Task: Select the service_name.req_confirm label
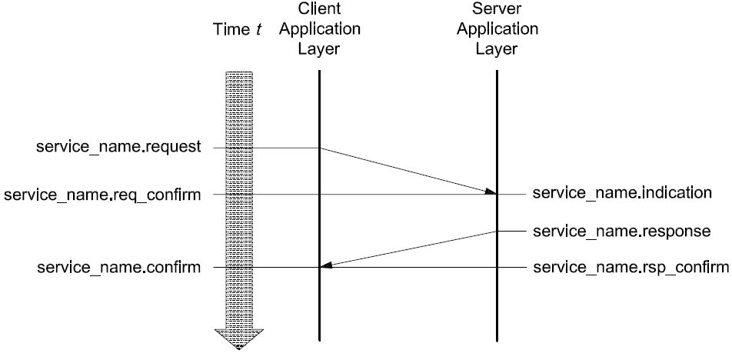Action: (102, 195)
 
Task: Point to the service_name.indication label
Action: (622, 193)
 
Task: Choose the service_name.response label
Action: (621, 231)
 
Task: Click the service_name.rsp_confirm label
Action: (631, 268)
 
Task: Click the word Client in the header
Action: (318, 10)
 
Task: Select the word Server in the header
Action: (496, 10)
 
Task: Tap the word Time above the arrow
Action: (229, 30)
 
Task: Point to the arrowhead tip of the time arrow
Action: (238, 348)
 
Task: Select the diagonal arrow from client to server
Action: (408, 171)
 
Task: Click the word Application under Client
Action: (318, 30)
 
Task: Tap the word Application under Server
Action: (496, 30)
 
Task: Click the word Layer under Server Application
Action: (496, 49)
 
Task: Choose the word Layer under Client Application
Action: (318, 49)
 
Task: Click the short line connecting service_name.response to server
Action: (512, 231)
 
